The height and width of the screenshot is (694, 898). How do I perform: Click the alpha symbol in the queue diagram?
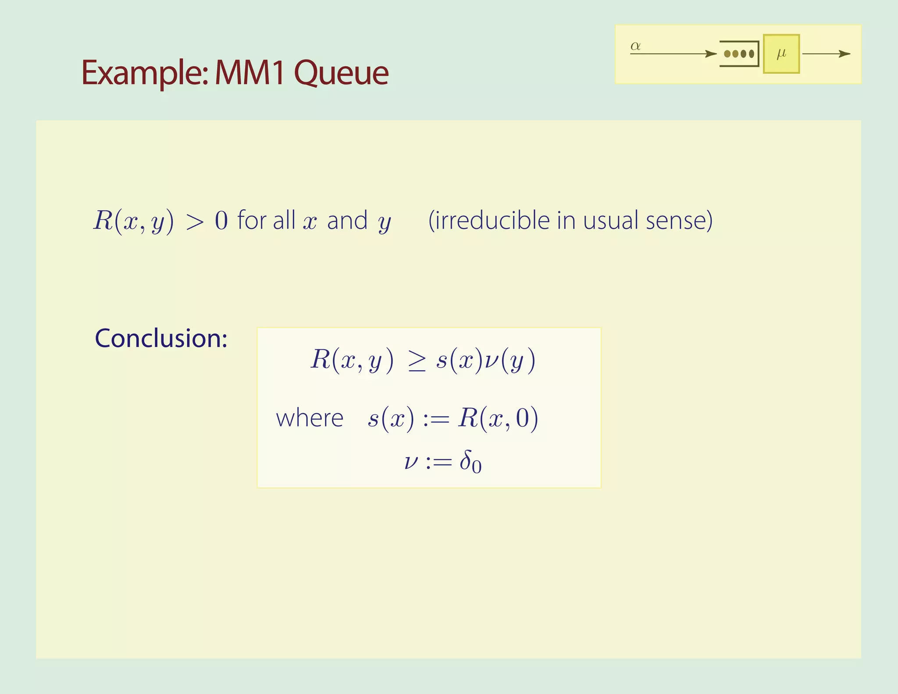(635, 46)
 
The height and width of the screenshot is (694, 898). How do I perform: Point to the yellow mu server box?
(781, 54)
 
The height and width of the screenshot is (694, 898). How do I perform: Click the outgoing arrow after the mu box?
(826, 54)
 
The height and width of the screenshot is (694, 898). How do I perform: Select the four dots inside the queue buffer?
(739, 54)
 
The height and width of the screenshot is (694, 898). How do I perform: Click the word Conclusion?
(161, 338)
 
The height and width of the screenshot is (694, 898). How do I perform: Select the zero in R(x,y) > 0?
(221, 221)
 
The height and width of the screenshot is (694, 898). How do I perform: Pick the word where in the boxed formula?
(310, 418)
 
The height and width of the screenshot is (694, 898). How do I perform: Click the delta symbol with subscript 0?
(470, 462)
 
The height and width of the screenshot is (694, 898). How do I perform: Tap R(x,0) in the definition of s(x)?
(498, 418)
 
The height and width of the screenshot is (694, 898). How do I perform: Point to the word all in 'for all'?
(284, 220)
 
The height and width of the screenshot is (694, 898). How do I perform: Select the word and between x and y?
(347, 220)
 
